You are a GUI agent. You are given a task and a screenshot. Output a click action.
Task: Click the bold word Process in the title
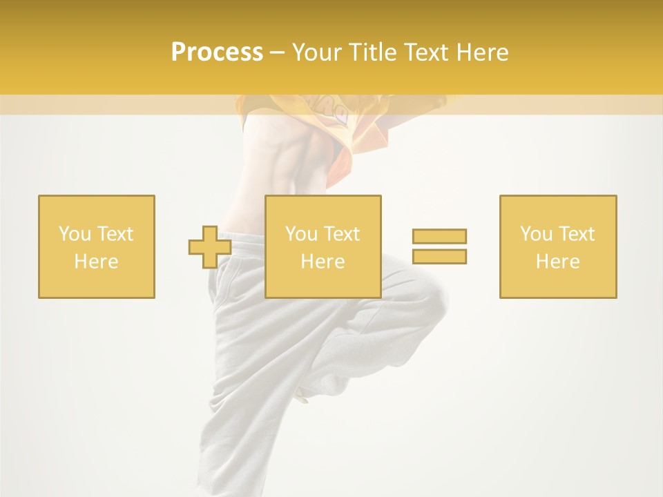(x=217, y=52)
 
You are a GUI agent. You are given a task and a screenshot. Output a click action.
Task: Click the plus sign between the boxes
(x=210, y=246)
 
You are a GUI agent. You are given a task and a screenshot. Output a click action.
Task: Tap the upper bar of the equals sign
(x=439, y=236)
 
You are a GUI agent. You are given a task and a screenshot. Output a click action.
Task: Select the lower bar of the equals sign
(x=439, y=256)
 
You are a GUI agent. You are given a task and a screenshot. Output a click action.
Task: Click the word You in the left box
(x=74, y=234)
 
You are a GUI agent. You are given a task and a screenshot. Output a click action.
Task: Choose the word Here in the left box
(x=96, y=262)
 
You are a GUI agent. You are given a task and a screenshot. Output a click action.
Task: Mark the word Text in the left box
(x=114, y=234)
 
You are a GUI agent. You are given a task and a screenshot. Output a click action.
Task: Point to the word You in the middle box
(x=301, y=234)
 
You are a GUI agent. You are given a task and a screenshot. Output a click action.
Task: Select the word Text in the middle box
(x=341, y=234)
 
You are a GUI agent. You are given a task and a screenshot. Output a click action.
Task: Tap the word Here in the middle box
(x=323, y=262)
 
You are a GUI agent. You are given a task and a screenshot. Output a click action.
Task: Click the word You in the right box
(x=536, y=234)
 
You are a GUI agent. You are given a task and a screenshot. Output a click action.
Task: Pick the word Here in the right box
(x=557, y=262)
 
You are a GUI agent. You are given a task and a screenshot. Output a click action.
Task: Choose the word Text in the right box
(x=576, y=234)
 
